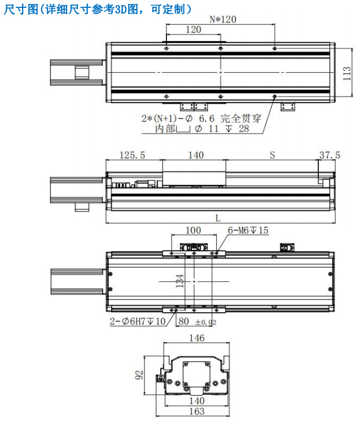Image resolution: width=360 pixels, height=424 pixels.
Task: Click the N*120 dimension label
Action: click(223, 19)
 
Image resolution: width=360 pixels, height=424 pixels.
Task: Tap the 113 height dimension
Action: click(347, 73)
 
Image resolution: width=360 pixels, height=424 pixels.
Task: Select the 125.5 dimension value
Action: click(132, 155)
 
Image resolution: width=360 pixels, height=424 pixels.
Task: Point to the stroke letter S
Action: click(273, 155)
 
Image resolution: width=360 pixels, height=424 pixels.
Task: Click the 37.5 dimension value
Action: click(330, 155)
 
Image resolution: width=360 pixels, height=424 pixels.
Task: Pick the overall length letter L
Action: click(218, 218)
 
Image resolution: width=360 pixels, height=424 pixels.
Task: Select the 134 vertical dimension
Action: click(180, 281)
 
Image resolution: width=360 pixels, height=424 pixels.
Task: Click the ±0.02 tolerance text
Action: click(206, 322)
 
